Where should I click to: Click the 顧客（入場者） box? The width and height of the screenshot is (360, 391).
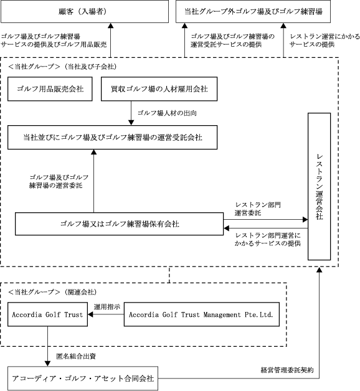click(x=85, y=11)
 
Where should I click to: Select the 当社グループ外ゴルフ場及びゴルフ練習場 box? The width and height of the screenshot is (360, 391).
click(x=253, y=11)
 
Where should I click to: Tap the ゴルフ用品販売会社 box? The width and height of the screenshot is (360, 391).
click(x=50, y=89)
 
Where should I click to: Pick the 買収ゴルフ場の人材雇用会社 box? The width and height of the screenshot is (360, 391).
click(x=159, y=89)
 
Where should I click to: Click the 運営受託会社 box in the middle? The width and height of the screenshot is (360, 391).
click(x=112, y=138)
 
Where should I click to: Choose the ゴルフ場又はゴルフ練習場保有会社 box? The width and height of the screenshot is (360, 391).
click(x=119, y=224)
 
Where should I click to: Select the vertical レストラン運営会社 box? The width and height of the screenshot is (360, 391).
click(x=319, y=187)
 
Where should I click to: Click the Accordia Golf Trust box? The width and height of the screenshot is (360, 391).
click(x=47, y=314)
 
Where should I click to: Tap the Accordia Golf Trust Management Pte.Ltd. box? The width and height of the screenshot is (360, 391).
click(x=202, y=314)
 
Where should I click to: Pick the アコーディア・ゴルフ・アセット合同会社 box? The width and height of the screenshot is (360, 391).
click(x=83, y=379)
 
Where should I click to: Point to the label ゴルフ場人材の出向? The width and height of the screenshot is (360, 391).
click(x=167, y=113)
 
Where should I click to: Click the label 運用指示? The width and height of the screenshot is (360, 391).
click(x=107, y=306)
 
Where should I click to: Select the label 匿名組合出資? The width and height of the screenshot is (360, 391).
click(x=76, y=356)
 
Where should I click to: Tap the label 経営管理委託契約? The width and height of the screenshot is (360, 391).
click(x=287, y=370)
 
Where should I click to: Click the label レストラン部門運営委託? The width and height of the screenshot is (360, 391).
click(x=258, y=209)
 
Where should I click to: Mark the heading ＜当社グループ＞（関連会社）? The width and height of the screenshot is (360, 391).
click(x=52, y=292)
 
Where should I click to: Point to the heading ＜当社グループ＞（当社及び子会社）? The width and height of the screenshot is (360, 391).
click(x=62, y=67)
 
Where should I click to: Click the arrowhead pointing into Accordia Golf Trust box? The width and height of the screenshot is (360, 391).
click(x=90, y=314)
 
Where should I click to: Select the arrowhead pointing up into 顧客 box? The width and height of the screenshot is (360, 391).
click(x=110, y=26)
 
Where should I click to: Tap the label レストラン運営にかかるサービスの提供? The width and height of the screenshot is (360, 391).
click(x=324, y=40)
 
